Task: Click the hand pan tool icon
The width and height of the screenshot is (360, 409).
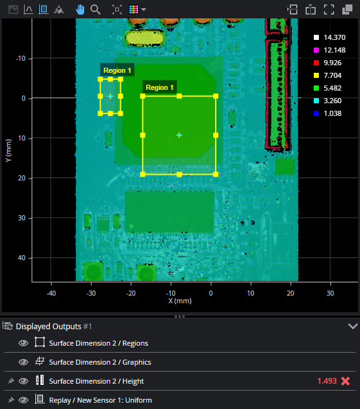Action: point(80,9)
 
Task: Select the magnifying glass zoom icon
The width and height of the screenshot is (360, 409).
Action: point(96,9)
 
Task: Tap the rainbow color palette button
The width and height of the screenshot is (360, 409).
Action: point(133,9)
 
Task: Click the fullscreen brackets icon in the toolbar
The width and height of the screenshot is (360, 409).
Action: point(329,9)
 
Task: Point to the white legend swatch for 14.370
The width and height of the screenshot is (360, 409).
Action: point(316,37)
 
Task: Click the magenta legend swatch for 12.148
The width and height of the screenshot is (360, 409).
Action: point(316,50)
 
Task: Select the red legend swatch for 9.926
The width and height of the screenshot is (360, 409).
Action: point(316,63)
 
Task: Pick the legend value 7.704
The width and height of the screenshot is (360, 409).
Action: point(332,75)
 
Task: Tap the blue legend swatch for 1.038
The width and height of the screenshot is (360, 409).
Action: point(316,113)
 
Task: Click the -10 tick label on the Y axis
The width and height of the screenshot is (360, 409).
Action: point(21,58)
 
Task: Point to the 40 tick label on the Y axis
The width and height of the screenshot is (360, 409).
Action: point(22,258)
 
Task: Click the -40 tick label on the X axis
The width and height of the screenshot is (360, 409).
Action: point(51,293)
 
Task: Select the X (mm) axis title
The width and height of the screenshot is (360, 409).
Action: point(180,301)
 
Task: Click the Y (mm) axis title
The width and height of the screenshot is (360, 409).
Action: point(8,150)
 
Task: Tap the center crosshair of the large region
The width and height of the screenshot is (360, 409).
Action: point(179,135)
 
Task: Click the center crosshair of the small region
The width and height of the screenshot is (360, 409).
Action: point(110,96)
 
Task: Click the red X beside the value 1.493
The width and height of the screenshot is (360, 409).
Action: point(345,381)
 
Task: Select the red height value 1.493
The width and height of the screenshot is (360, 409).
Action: point(327,381)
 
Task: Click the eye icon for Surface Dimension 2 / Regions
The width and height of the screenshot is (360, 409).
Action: point(23,343)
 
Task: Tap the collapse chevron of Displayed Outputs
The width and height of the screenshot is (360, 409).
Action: point(352,326)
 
